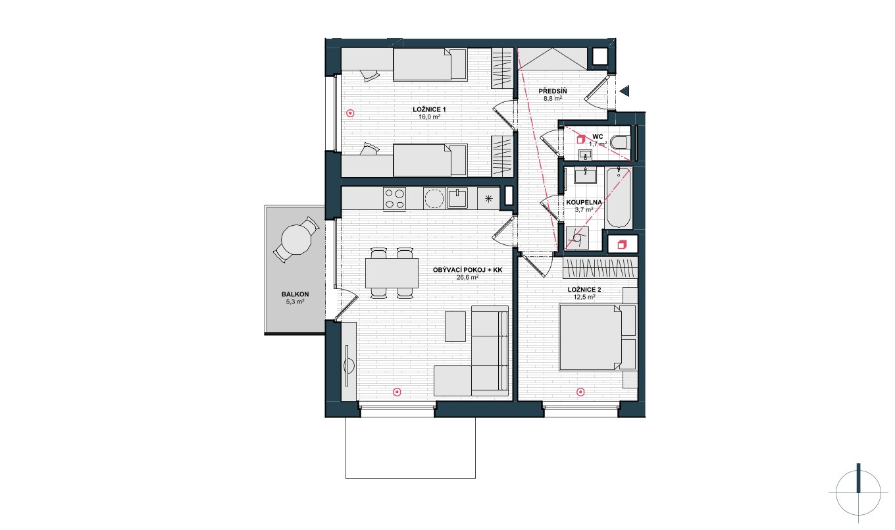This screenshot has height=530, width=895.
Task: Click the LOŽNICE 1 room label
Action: coord(429,109)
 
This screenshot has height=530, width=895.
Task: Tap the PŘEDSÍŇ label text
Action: coord(553,91)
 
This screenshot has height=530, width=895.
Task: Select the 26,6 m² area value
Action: coord(467,277)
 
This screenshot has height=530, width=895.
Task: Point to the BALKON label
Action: coord(295,294)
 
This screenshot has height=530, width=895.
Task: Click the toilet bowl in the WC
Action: coord(621,142)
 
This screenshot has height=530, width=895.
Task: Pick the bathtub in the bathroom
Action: coord(619,198)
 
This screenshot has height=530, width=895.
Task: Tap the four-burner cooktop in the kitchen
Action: coord(394,199)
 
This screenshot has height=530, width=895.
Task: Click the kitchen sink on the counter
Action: coord(457,198)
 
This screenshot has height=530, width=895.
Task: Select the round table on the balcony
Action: coord(296,240)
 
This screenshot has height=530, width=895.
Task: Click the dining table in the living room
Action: coord(392,273)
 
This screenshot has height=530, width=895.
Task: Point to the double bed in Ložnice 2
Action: coord(590,337)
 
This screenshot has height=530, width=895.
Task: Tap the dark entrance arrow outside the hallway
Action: coord(625,91)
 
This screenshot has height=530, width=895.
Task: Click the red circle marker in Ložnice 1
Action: coord(350,113)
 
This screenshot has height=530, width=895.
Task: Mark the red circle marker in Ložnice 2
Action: coord(580,392)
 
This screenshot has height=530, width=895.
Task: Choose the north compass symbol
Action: coord(858,492)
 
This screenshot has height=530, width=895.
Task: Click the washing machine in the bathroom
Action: coord(577,238)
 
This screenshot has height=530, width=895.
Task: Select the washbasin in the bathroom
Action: coord(585,176)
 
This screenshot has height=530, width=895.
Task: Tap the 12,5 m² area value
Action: coord(584,297)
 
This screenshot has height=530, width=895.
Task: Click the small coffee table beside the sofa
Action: coord(455,327)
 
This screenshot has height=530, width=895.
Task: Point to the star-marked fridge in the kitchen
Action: coord(488,198)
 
